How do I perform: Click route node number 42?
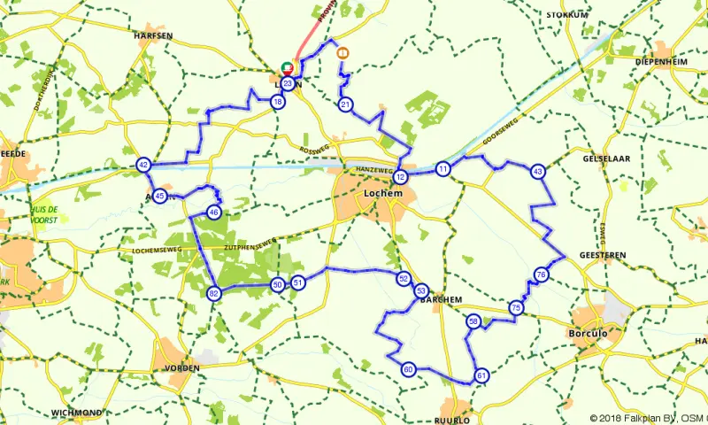coord(143,165)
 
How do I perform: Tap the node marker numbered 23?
coord(288,83)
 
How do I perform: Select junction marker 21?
coord(345,104)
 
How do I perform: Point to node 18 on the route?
coord(279,103)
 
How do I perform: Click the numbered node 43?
coord(537,170)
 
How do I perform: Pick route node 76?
coord(541,275)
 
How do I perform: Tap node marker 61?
coord(481,375)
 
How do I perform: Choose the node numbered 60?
coord(408,369)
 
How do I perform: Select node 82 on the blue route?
coord(213,294)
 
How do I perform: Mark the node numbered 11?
coord(443,168)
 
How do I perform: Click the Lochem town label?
coord(384,190)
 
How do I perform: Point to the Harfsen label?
coord(152,35)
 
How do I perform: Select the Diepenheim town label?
coord(662,61)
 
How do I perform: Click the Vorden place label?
coord(182,367)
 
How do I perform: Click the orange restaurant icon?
coord(342,53)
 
